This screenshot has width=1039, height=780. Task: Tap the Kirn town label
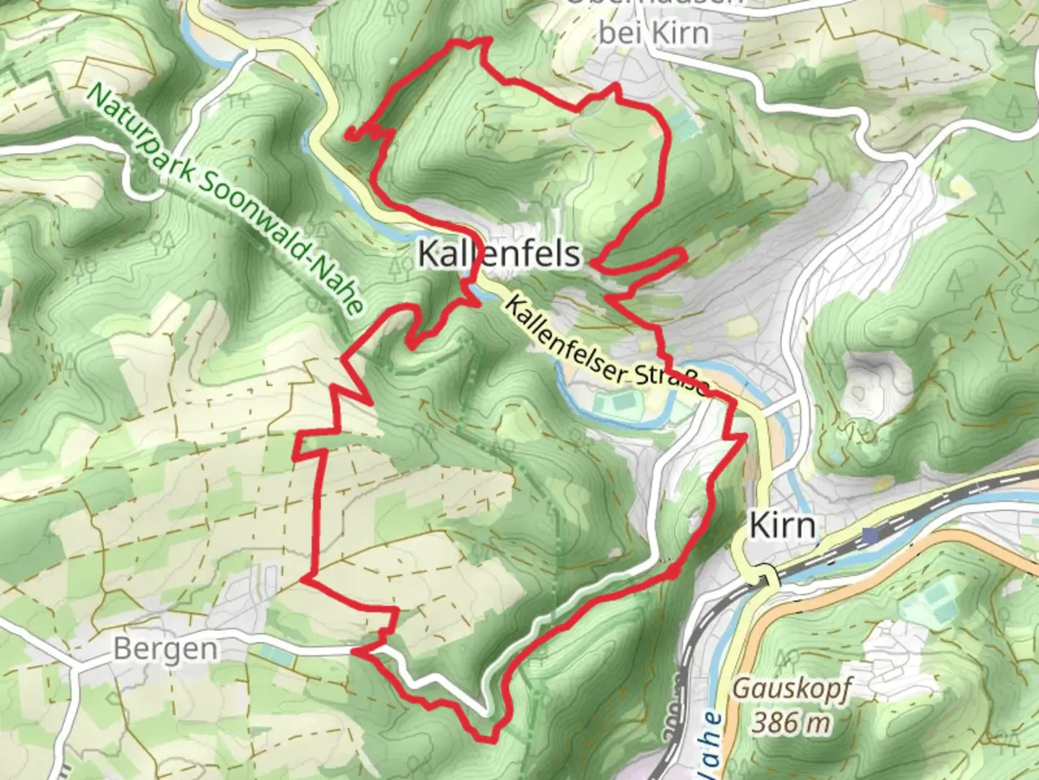(783, 525)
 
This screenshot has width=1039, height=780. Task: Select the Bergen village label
(165, 649)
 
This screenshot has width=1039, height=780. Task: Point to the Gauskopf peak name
(792, 688)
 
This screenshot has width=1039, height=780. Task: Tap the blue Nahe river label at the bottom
(709, 744)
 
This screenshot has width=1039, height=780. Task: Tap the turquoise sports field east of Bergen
(275, 654)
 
